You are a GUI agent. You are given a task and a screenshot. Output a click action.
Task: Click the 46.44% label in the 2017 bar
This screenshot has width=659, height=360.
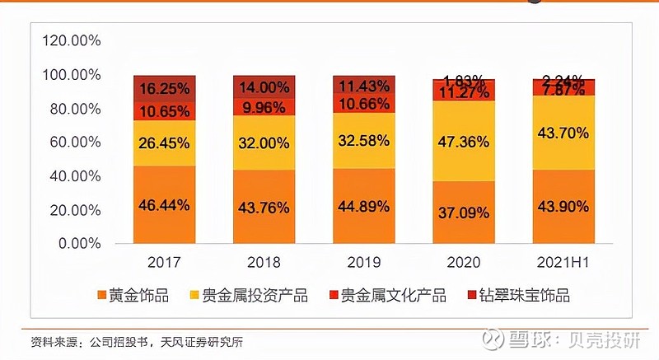165,207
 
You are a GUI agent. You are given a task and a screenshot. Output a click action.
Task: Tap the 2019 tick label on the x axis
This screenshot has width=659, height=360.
364,262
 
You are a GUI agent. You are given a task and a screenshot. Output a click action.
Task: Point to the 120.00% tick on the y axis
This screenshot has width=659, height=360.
72,40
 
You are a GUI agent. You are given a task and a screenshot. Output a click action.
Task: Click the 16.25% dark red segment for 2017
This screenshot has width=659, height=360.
165,88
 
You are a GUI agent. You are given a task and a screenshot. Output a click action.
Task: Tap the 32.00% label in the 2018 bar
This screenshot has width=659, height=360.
264,142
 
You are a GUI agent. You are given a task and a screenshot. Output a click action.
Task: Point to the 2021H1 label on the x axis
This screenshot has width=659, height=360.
563,262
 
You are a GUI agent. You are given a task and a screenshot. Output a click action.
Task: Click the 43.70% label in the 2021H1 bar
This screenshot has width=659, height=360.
563,133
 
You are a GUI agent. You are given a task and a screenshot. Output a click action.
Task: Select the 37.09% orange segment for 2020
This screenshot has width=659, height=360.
464,213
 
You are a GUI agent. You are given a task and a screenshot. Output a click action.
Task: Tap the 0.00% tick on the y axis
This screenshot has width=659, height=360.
77,244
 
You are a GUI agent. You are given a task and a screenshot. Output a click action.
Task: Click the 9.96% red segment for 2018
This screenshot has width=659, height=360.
264,106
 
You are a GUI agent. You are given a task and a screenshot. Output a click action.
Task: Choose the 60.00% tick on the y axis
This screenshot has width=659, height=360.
74,143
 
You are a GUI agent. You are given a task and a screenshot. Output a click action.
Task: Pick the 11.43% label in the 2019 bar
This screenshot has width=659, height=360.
364,86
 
